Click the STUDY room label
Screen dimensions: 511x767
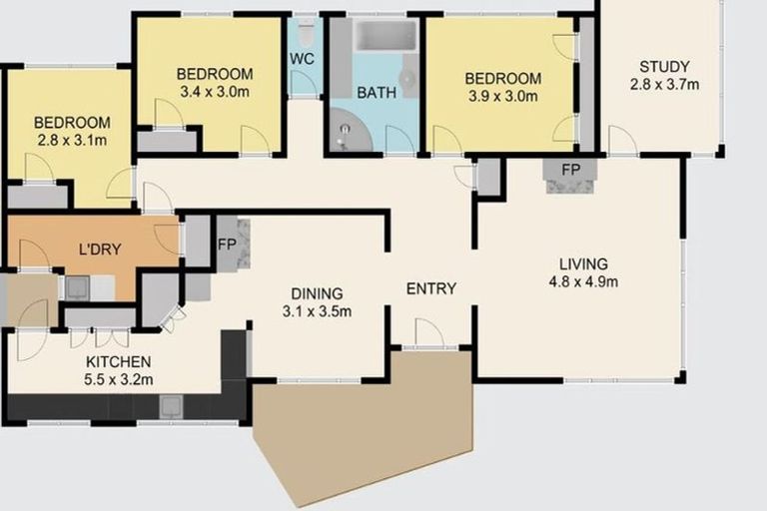(x=664, y=67)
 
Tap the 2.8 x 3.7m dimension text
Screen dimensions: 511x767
(x=664, y=84)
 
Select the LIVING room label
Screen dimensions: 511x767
(x=583, y=263)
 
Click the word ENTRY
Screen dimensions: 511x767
(x=431, y=289)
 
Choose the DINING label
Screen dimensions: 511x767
(x=317, y=293)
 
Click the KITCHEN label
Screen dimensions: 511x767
(x=118, y=361)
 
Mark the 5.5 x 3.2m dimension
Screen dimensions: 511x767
(x=118, y=379)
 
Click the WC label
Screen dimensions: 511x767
(x=303, y=59)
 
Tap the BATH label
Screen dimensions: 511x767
(x=377, y=93)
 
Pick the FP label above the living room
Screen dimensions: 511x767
(x=570, y=170)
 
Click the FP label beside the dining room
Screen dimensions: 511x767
(x=226, y=242)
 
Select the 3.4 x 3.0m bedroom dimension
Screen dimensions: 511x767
(x=214, y=91)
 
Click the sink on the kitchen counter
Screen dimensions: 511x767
(x=172, y=405)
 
